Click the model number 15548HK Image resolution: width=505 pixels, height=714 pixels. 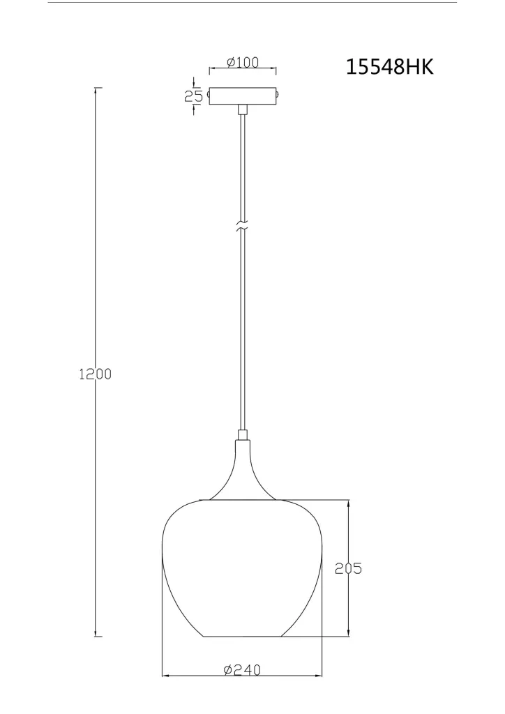coord(390,67)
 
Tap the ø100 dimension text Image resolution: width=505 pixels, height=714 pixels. coord(242,62)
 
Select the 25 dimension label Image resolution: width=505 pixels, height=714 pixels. coord(193,96)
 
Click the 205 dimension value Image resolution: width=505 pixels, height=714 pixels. coord(348,568)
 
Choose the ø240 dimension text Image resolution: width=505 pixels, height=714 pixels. coord(242,670)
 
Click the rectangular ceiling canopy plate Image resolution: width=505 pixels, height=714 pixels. coord(243,96)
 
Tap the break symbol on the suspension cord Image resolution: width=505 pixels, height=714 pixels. coord(242,227)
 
